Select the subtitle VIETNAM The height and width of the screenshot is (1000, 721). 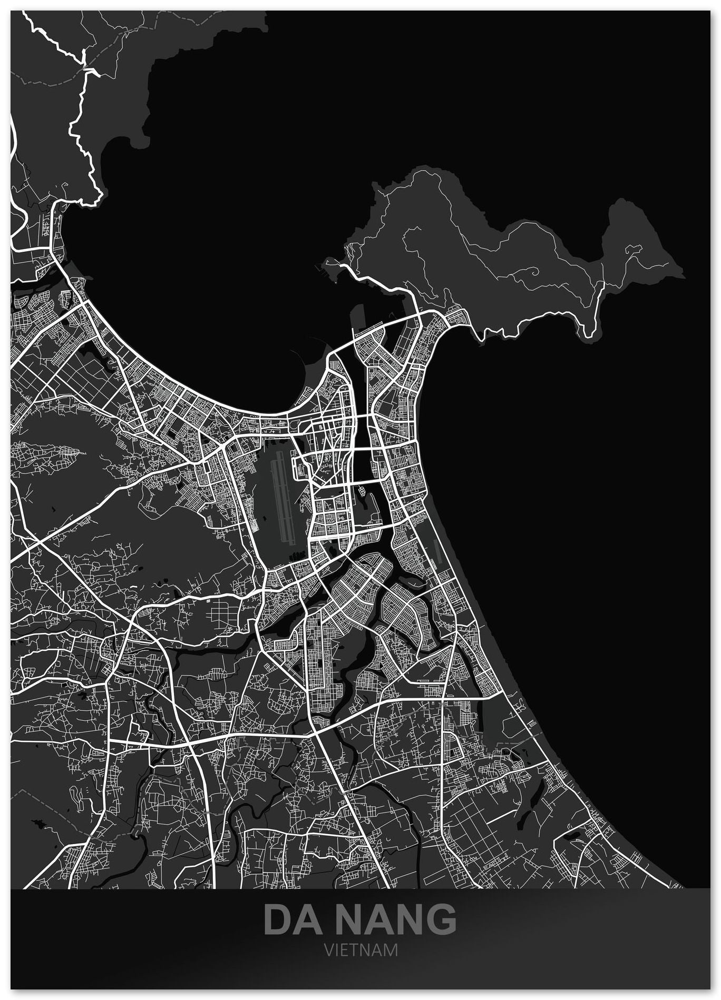(360, 950)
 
